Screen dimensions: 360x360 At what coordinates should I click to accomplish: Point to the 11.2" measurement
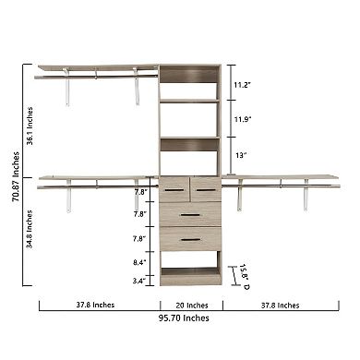pyautogui.click(x=243, y=84)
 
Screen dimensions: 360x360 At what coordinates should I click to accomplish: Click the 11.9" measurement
pyautogui.click(x=243, y=120)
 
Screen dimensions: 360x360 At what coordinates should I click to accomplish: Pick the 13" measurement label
pyautogui.click(x=241, y=155)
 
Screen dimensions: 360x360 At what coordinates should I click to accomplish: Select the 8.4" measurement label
pyautogui.click(x=139, y=263)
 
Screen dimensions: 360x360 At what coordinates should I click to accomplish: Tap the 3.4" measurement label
pyautogui.click(x=139, y=280)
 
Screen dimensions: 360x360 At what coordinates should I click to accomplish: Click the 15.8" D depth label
pyautogui.click(x=244, y=273)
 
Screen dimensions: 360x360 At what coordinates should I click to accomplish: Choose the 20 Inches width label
pyautogui.click(x=191, y=305)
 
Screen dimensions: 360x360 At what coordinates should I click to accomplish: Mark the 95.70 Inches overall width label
pyautogui.click(x=183, y=318)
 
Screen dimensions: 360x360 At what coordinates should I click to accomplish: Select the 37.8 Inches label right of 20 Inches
pyautogui.click(x=280, y=305)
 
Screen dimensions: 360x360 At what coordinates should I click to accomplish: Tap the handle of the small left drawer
pyautogui.click(x=174, y=189)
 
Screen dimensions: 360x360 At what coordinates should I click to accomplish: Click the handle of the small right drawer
pyautogui.click(x=206, y=189)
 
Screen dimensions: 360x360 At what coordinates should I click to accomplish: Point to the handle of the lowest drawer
pyautogui.click(x=190, y=239)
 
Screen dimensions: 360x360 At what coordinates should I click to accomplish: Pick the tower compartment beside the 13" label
pyautogui.click(x=190, y=160)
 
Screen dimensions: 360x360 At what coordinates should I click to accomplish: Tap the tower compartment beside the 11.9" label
pyautogui.click(x=190, y=119)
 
